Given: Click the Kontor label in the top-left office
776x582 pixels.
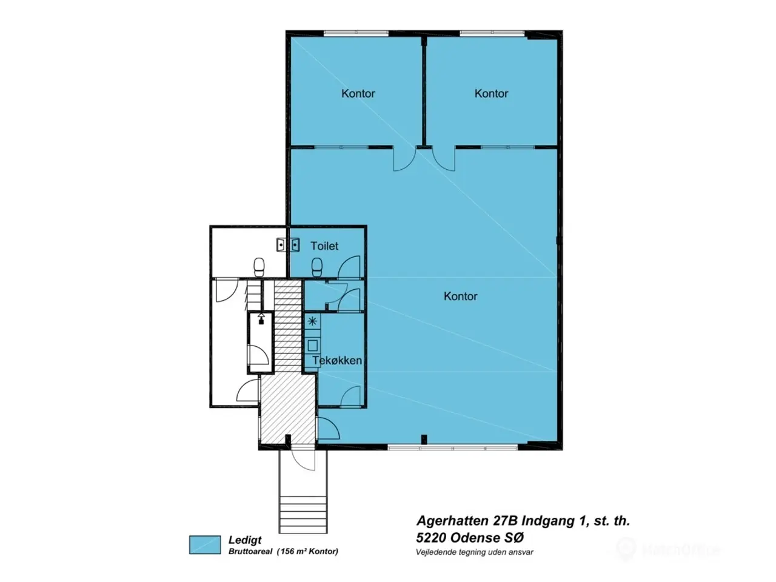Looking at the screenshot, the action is pos(358,93).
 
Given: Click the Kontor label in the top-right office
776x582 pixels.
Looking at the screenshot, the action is pos(491,93).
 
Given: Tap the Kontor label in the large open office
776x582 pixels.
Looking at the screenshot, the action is pos(460,296).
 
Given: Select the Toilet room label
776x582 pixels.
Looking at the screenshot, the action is pos(324,246).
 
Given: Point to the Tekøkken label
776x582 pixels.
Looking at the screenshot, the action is pos(337,361).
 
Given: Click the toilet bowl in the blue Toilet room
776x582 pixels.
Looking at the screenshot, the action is pos(316,267).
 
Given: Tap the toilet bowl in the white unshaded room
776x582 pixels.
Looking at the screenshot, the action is pos(259,267).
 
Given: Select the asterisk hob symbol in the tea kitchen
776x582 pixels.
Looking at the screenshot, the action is pos(312,321).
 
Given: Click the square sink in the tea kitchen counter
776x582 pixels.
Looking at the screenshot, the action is pos(312,346).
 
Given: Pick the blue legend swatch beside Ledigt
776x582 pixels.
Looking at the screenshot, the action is pos(205,544).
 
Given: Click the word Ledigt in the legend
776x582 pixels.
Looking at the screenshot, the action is pos(245,540).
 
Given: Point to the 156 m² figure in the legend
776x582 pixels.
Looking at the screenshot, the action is pos(292,551).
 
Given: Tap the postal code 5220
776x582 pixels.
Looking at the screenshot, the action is pos(430,538).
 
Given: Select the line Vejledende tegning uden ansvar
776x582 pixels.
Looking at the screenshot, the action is pos(475,552).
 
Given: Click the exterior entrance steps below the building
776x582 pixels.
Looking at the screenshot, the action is pos(303,515).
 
